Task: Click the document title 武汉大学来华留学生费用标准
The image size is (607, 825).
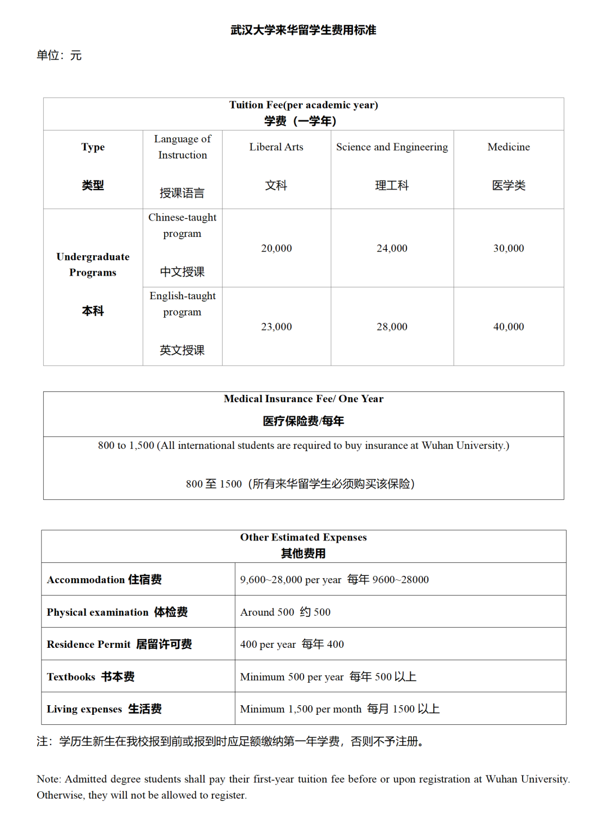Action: [303, 30]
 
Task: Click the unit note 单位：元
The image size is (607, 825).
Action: [59, 55]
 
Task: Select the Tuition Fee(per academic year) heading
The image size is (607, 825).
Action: [303, 105]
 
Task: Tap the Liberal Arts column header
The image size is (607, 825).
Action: [276, 147]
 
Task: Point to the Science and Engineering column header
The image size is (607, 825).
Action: [392, 147]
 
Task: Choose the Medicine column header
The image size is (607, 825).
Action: [509, 147]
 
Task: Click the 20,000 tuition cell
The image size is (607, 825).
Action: [277, 249]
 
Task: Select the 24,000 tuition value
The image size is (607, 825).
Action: [392, 249]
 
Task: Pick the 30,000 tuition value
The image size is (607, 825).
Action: [509, 249]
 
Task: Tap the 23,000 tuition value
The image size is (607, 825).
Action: [277, 327]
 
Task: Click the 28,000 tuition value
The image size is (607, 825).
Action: [392, 327]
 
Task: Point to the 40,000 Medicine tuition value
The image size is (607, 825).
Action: [509, 327]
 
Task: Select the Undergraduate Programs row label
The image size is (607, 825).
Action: [93, 265]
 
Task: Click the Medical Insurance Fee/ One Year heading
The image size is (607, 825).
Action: [303, 399]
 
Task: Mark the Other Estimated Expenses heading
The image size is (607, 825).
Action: [303, 538]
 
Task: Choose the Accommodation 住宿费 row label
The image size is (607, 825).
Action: [104, 580]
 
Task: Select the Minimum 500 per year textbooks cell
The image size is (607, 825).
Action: [328, 677]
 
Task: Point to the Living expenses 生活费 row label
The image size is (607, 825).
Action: [104, 709]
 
